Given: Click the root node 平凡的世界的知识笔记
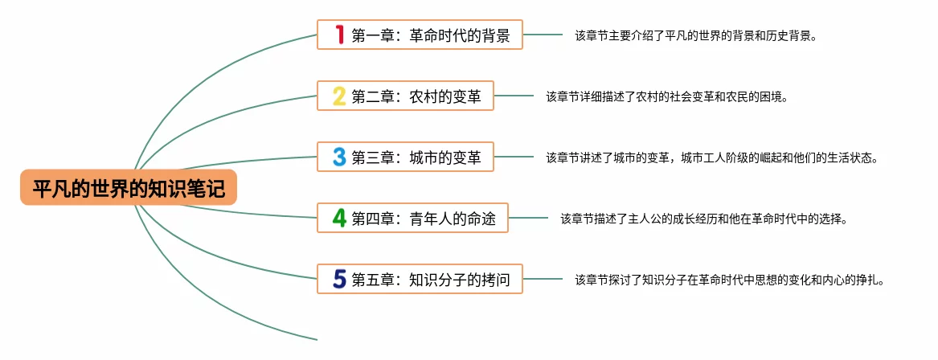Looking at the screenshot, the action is click(129, 187).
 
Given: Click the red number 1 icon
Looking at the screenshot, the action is click(339, 35).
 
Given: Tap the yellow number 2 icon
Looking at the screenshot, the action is click(339, 96).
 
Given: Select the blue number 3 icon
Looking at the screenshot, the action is click(339, 157).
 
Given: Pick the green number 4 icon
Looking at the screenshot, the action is click(339, 218).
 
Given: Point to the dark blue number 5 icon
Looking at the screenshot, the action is click(339, 279).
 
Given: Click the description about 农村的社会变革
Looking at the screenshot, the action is click(666, 96).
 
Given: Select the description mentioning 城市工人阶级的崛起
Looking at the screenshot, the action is click(711, 157).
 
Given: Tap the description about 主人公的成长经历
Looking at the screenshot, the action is click(703, 218).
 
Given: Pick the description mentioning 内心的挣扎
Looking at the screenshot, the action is click(729, 280).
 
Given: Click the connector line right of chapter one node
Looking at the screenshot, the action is click(543, 35).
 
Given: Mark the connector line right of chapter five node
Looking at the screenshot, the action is click(543, 279).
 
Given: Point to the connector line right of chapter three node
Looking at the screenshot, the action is click(514, 157).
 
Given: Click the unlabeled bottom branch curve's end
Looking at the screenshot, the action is click(315, 339).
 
